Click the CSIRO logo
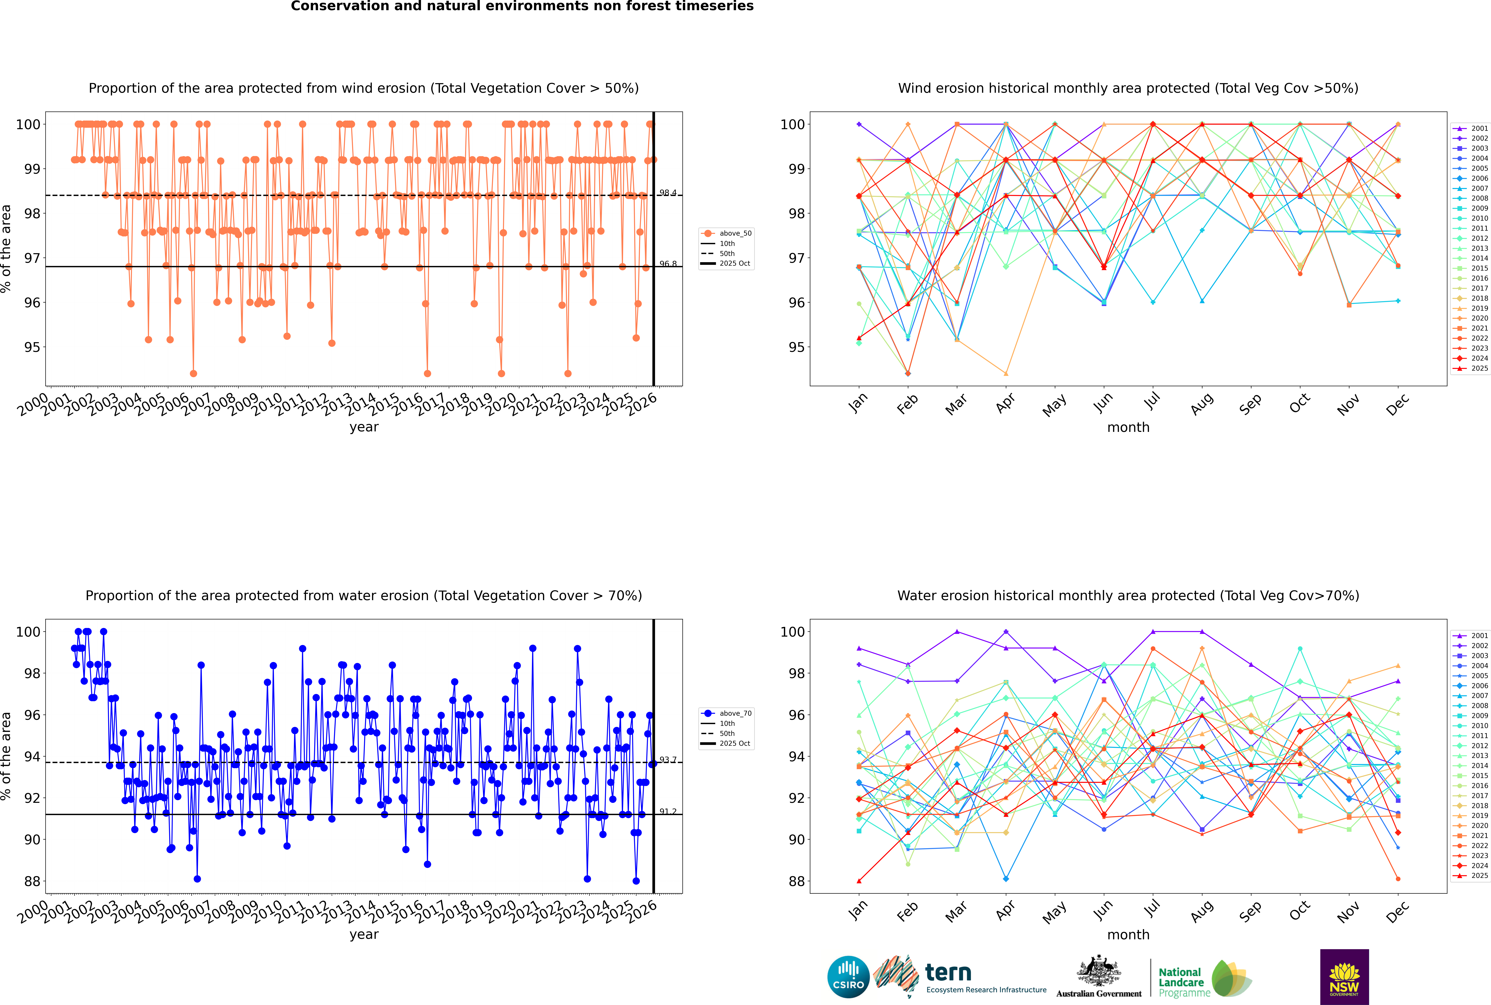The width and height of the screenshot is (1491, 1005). click(848, 977)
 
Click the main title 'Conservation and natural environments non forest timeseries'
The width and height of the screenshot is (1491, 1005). click(522, 6)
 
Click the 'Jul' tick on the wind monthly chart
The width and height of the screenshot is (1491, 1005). click(1152, 402)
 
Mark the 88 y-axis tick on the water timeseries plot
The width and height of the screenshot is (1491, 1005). click(32, 881)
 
